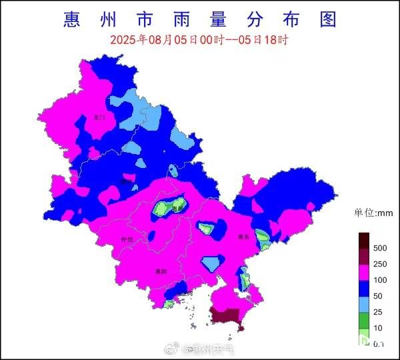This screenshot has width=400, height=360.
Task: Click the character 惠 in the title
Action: coord(73,19)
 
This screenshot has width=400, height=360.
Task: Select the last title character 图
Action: coord(327,19)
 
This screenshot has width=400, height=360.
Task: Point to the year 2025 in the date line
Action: coord(124,40)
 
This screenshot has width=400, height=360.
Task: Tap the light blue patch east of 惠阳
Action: coord(212,263)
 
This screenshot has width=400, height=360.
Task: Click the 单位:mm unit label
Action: coord(374,213)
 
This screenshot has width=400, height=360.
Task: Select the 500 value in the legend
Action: coord(380,248)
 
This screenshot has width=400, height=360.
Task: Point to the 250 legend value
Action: coord(380,264)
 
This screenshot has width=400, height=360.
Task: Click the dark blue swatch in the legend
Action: coord(364,288)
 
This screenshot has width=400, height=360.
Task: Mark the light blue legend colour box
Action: coord(364,304)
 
